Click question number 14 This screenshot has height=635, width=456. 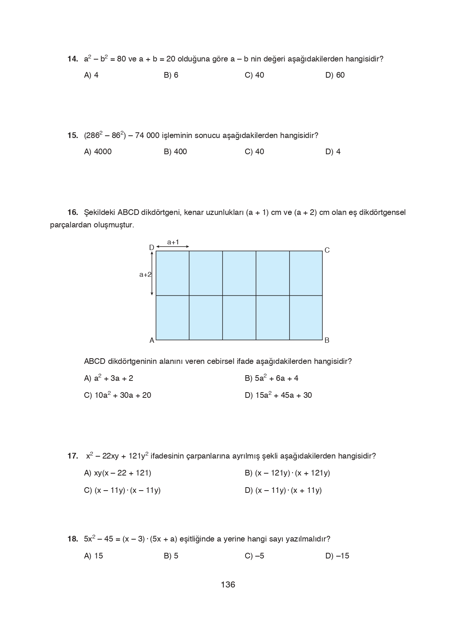[72, 59]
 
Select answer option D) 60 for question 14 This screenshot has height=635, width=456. [335, 75]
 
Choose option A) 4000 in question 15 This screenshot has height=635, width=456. [98, 152]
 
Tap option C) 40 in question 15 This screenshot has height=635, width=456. [254, 152]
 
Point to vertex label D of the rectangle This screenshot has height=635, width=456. [151, 248]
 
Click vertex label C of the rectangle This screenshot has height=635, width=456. [327, 250]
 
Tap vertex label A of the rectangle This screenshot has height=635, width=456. [152, 341]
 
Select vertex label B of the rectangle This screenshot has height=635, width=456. [327, 341]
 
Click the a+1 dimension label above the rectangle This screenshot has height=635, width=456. [173, 242]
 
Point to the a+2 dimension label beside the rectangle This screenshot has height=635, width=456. [145, 275]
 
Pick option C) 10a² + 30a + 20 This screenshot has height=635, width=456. [117, 395]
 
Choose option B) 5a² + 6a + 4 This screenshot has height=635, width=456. [271, 378]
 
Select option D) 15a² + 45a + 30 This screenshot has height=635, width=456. [278, 395]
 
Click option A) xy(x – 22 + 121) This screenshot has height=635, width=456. [117, 473]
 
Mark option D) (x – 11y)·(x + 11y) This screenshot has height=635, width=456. [283, 490]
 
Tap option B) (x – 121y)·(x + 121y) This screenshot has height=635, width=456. [287, 473]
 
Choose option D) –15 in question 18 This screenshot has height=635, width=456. [337, 556]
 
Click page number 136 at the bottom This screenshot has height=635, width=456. [228, 585]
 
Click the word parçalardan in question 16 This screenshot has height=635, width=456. [70, 225]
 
